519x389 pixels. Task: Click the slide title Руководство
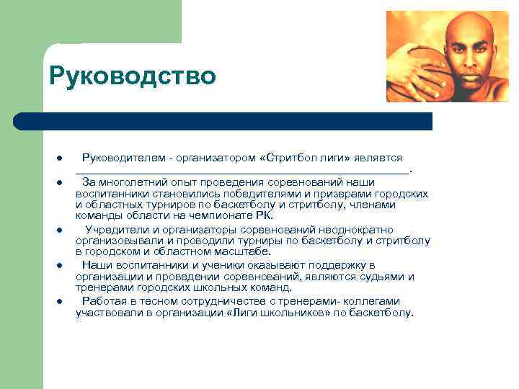[x=132, y=75]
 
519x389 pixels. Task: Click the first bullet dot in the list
[x=57, y=158]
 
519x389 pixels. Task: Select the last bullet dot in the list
[x=57, y=302]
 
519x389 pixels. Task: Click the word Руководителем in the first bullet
[x=117, y=157]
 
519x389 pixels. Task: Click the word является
[x=377, y=157]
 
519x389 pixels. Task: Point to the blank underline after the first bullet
[x=241, y=170]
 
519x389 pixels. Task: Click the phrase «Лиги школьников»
[x=272, y=313]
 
